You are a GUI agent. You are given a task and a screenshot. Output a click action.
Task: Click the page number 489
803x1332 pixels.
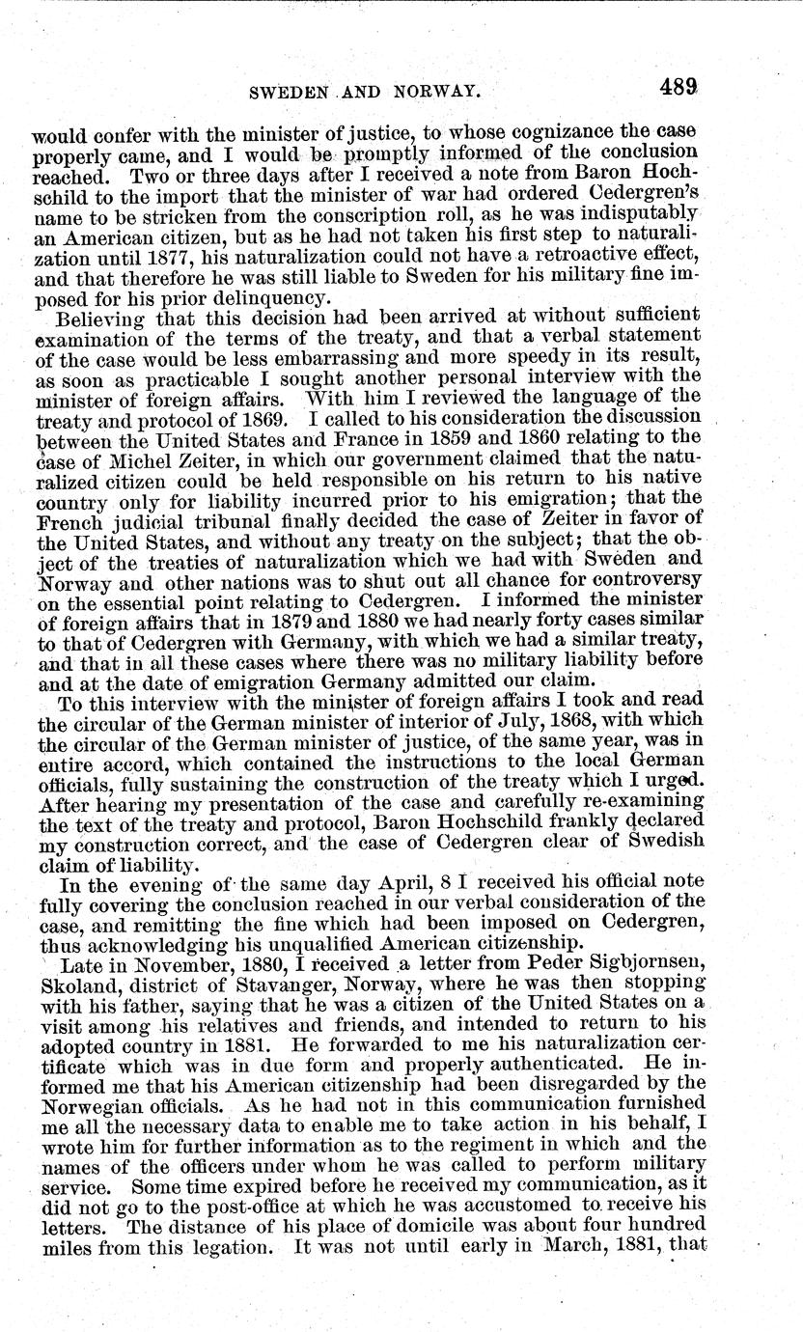(679, 87)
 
